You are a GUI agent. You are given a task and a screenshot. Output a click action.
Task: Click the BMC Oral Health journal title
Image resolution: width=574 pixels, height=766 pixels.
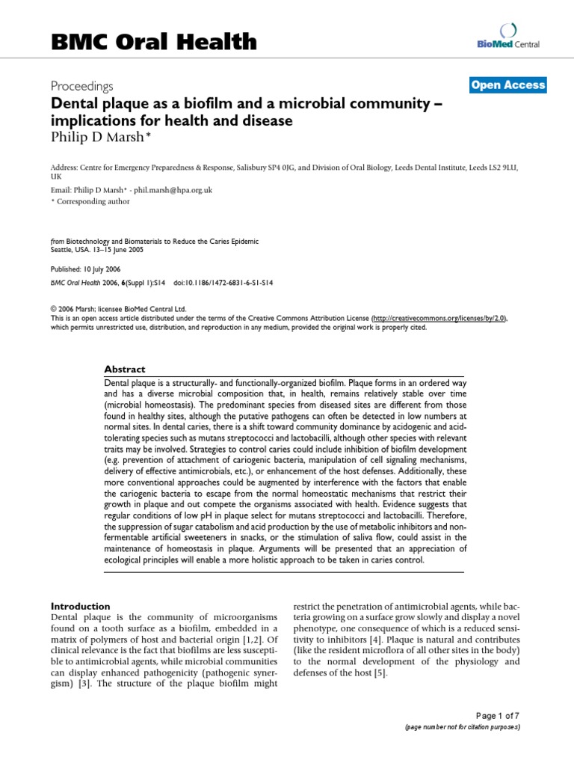[153, 42]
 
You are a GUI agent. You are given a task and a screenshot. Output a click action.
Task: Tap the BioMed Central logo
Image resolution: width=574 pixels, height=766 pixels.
[508, 37]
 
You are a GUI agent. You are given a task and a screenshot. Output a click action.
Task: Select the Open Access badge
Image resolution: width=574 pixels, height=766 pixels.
[508, 85]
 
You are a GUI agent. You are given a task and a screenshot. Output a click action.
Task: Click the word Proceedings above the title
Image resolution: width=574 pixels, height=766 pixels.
[81, 86]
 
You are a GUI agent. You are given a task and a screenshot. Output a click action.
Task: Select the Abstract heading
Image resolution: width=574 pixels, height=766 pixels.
[125, 369]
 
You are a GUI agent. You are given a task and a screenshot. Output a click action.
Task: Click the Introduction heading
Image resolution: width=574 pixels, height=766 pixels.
[80, 605]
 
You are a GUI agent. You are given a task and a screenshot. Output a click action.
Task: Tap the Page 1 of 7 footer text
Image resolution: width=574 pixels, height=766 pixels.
[497, 715]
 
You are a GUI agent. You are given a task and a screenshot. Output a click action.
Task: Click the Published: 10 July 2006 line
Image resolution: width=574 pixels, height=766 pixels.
[85, 269]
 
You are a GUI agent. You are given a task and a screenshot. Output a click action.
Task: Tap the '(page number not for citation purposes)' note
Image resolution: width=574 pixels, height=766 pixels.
[462, 726]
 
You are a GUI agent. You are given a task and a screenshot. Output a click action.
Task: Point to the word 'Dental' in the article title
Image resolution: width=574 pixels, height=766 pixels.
[72, 104]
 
